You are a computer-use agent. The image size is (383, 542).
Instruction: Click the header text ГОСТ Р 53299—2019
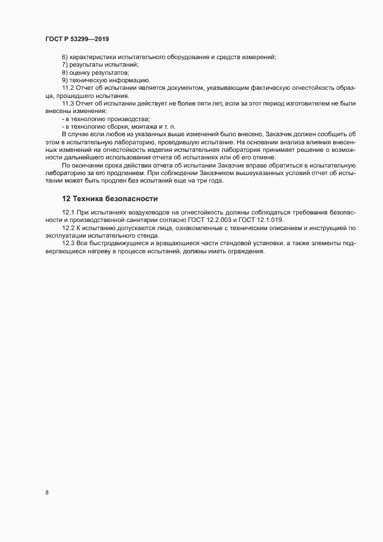click(76, 39)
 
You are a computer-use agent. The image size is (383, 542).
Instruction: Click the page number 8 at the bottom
click(47, 493)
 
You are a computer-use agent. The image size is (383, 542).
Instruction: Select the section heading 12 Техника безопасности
click(110, 198)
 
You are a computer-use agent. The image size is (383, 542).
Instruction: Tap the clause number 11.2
click(68, 88)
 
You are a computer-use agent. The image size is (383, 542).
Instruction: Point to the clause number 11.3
click(68, 103)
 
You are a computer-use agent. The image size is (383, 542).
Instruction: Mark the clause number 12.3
click(68, 243)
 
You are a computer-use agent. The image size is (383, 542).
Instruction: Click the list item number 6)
click(65, 57)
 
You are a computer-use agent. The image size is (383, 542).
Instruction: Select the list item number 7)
click(65, 64)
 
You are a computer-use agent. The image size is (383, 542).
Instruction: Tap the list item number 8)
click(65, 72)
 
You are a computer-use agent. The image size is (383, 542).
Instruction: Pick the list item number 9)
click(65, 80)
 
